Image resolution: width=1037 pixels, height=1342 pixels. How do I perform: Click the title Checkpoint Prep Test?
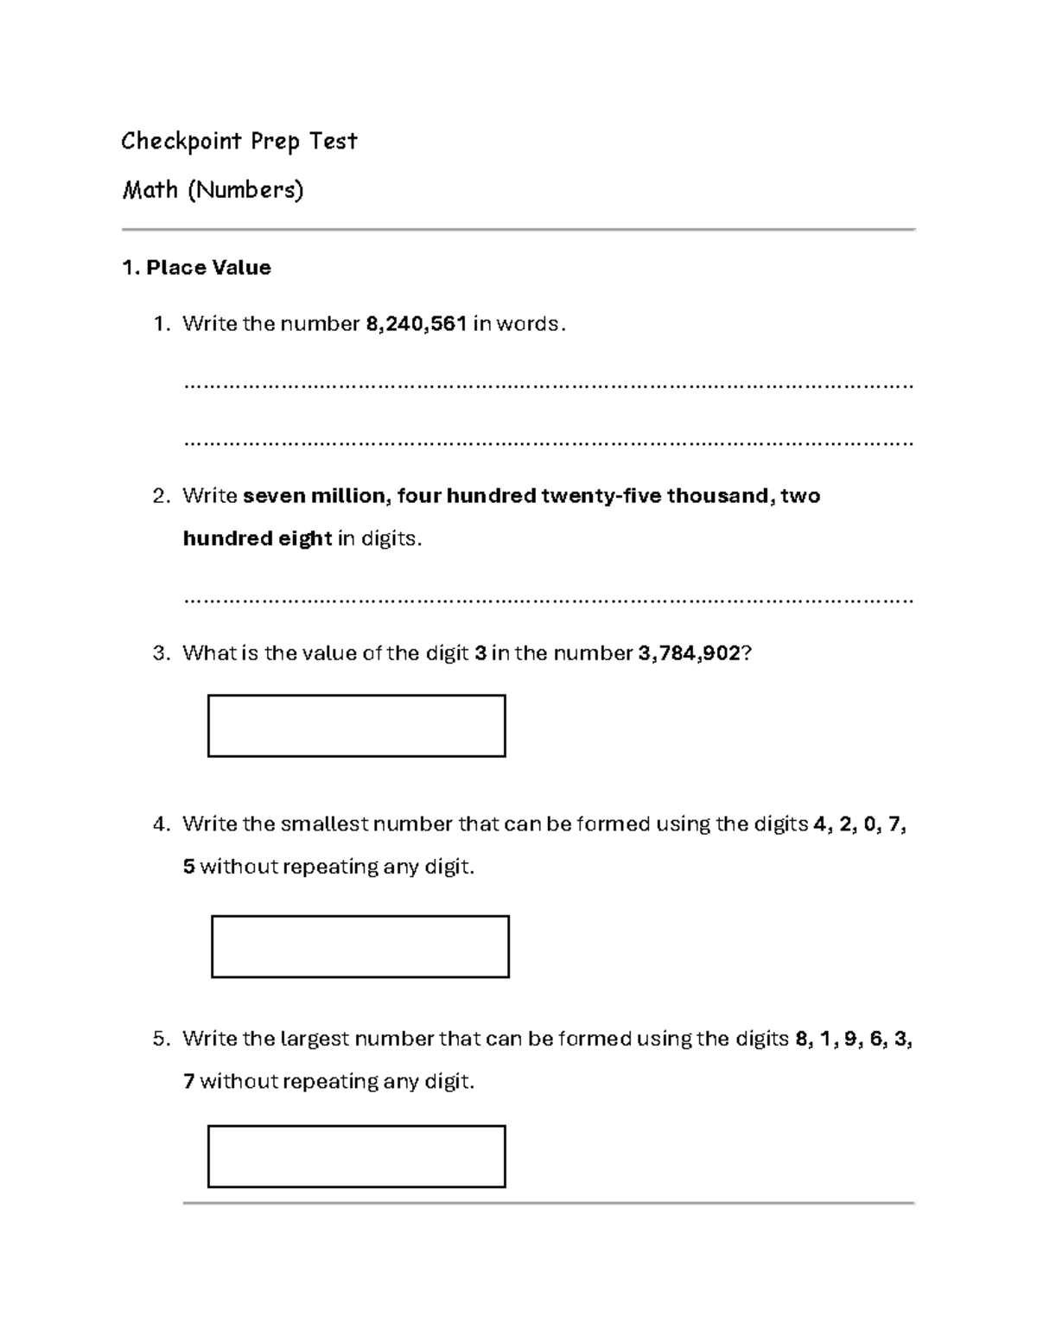[x=239, y=141]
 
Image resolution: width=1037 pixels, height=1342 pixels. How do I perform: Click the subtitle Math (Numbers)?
[x=213, y=190]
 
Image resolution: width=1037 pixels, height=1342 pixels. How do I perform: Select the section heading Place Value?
[x=208, y=268]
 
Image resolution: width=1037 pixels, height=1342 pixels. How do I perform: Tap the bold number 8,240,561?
[x=417, y=324]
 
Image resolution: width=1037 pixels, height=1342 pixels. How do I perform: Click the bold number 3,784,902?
[x=689, y=653]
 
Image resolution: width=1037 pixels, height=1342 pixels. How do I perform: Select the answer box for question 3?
[x=356, y=726]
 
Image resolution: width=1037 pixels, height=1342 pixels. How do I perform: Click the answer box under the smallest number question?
[x=359, y=946]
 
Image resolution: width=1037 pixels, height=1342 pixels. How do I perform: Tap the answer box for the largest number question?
[x=356, y=1156]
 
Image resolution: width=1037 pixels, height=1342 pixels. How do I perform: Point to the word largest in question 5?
[x=315, y=1039]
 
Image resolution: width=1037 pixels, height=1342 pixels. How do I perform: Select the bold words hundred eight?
[x=258, y=539]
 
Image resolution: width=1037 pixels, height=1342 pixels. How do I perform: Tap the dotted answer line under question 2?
[x=548, y=599]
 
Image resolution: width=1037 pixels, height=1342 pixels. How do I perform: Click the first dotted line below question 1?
[x=548, y=385]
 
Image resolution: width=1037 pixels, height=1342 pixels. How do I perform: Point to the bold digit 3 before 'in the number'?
[x=480, y=653]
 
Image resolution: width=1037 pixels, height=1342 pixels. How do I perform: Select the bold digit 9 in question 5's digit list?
[x=851, y=1039]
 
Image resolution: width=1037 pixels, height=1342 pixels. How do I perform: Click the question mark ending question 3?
[x=748, y=653]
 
